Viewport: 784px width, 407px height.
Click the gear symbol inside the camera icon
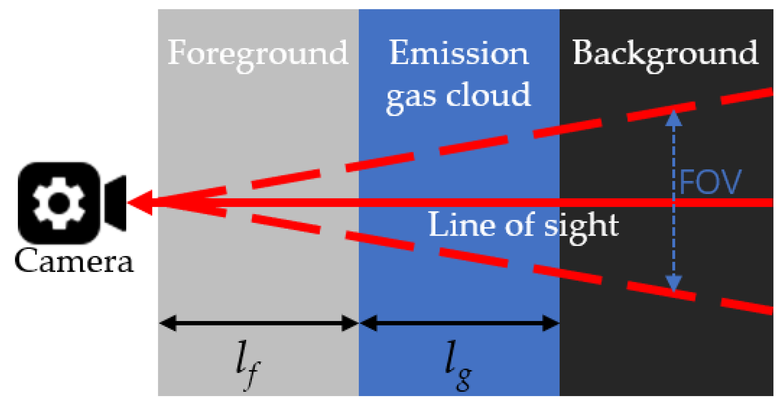click(x=59, y=203)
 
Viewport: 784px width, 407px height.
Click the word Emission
click(x=459, y=53)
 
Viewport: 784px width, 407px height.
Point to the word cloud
click(x=488, y=95)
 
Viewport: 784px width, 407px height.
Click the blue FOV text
click(x=710, y=182)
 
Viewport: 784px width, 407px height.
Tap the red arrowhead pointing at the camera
click(x=141, y=203)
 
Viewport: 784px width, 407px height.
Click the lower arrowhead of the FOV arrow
click(x=673, y=283)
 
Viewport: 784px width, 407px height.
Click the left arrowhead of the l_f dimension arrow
click(x=168, y=323)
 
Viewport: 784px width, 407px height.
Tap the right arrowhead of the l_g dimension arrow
click(x=551, y=323)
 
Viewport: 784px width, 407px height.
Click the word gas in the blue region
click(x=411, y=96)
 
